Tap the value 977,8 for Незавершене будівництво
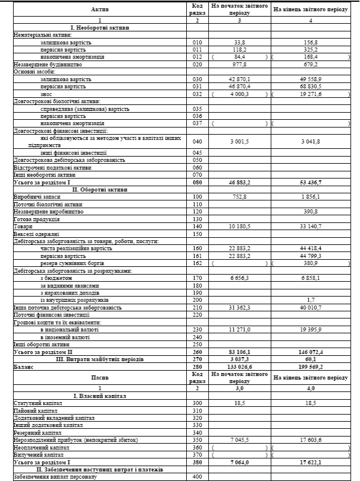(240, 64)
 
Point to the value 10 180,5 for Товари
(240, 225)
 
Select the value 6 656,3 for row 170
(240, 278)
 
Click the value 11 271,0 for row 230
(240, 329)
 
